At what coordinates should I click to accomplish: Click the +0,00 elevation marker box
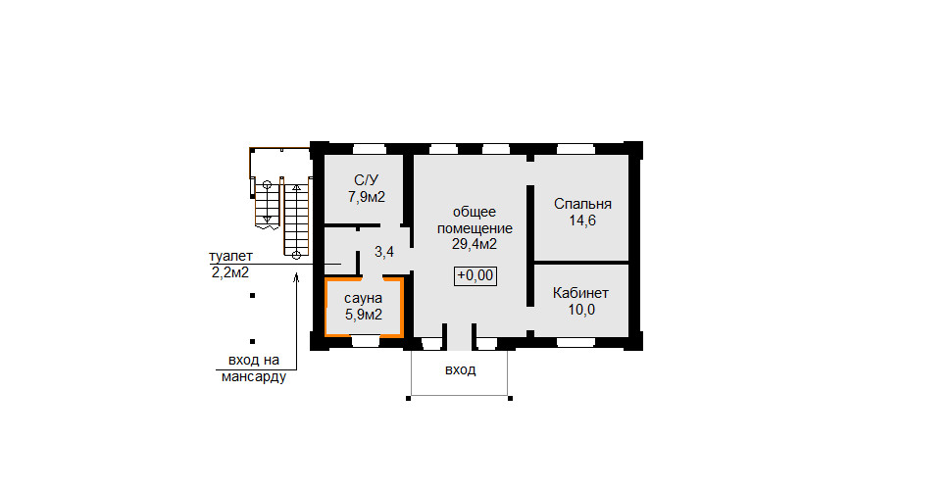(475, 276)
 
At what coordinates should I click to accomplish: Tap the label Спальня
(582, 204)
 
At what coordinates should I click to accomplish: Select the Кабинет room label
(580, 294)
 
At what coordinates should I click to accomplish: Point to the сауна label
(364, 298)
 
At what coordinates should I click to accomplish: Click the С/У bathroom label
(367, 180)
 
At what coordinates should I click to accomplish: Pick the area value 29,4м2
(475, 244)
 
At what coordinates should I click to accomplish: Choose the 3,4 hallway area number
(384, 252)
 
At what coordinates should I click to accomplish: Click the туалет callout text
(230, 257)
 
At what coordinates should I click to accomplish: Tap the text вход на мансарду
(253, 368)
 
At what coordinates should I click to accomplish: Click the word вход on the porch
(461, 369)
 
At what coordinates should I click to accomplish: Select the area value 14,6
(582, 220)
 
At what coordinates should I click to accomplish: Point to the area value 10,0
(581, 311)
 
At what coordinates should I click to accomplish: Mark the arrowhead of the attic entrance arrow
(297, 277)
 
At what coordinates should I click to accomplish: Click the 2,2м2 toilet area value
(229, 272)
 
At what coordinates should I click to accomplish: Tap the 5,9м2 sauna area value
(364, 315)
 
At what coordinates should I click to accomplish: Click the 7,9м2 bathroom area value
(367, 197)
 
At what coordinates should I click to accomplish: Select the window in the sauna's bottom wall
(365, 342)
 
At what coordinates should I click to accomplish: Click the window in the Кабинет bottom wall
(576, 343)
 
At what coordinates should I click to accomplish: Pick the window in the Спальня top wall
(576, 149)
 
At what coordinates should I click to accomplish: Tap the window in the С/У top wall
(370, 149)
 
